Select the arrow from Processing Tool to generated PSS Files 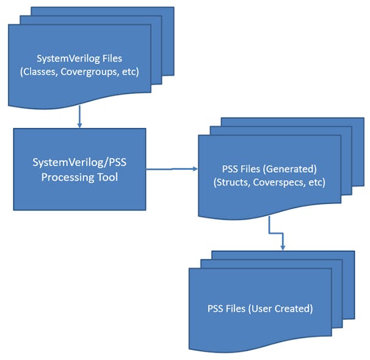coord(171,168)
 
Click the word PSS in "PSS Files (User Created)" coord(216,309)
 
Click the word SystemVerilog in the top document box coord(66,59)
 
